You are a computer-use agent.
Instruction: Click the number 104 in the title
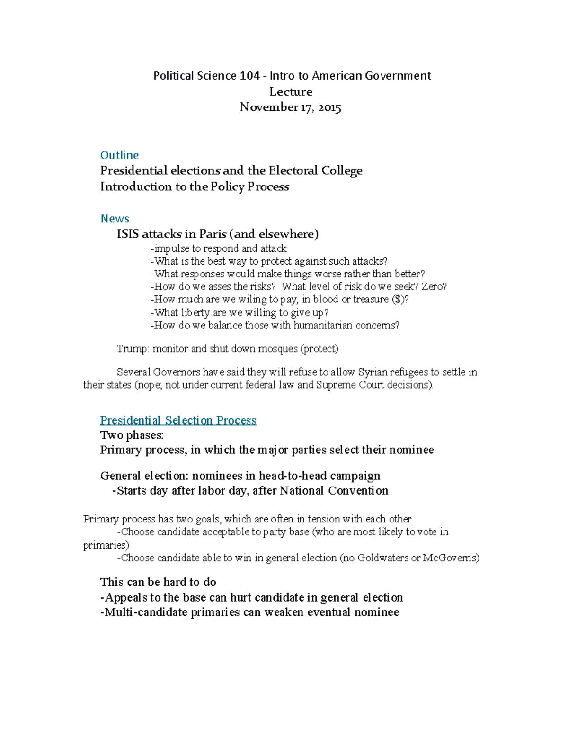(x=249, y=76)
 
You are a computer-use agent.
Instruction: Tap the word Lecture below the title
(x=291, y=91)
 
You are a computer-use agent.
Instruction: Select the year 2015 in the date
(x=329, y=107)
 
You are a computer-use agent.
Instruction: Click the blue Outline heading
(x=119, y=155)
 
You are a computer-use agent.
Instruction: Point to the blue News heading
(x=115, y=219)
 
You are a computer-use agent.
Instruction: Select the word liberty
(x=195, y=312)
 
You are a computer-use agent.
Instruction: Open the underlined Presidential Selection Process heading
(x=178, y=420)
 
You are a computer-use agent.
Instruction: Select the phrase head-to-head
(x=293, y=476)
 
